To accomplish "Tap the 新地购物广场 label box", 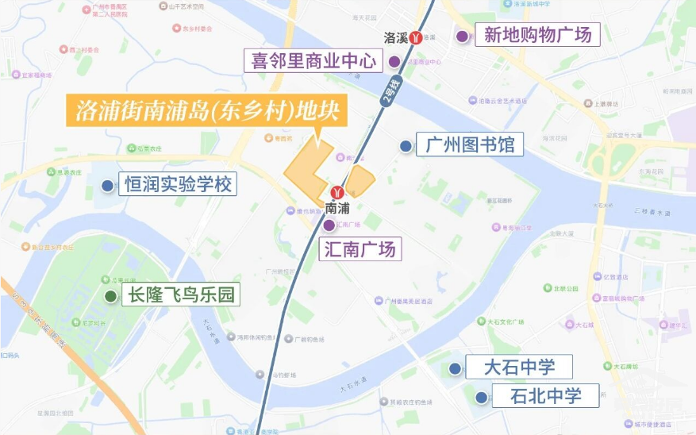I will click(537, 35).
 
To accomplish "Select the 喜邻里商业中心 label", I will click(313, 61).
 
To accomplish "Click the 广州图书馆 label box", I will click(470, 145).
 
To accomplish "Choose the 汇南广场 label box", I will click(360, 248).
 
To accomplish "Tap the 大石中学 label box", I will click(520, 368).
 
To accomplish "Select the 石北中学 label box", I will click(545, 395).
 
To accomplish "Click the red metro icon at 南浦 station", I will click(336, 192).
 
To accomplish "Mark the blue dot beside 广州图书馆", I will click(406, 146).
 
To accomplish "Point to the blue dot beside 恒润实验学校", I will click(106, 186).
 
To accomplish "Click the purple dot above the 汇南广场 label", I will click(329, 225).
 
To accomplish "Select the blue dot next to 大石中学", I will click(455, 368).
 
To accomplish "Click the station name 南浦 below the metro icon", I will click(337, 208).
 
